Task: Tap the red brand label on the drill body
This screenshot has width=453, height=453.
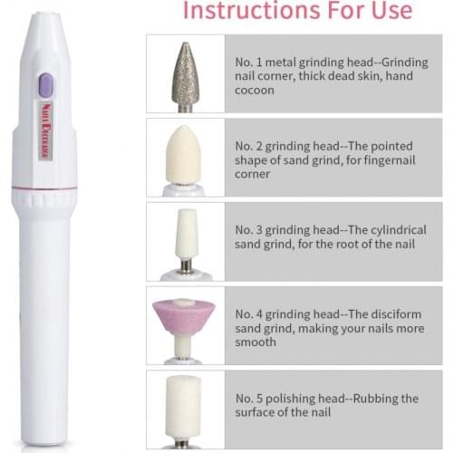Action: [45, 137]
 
